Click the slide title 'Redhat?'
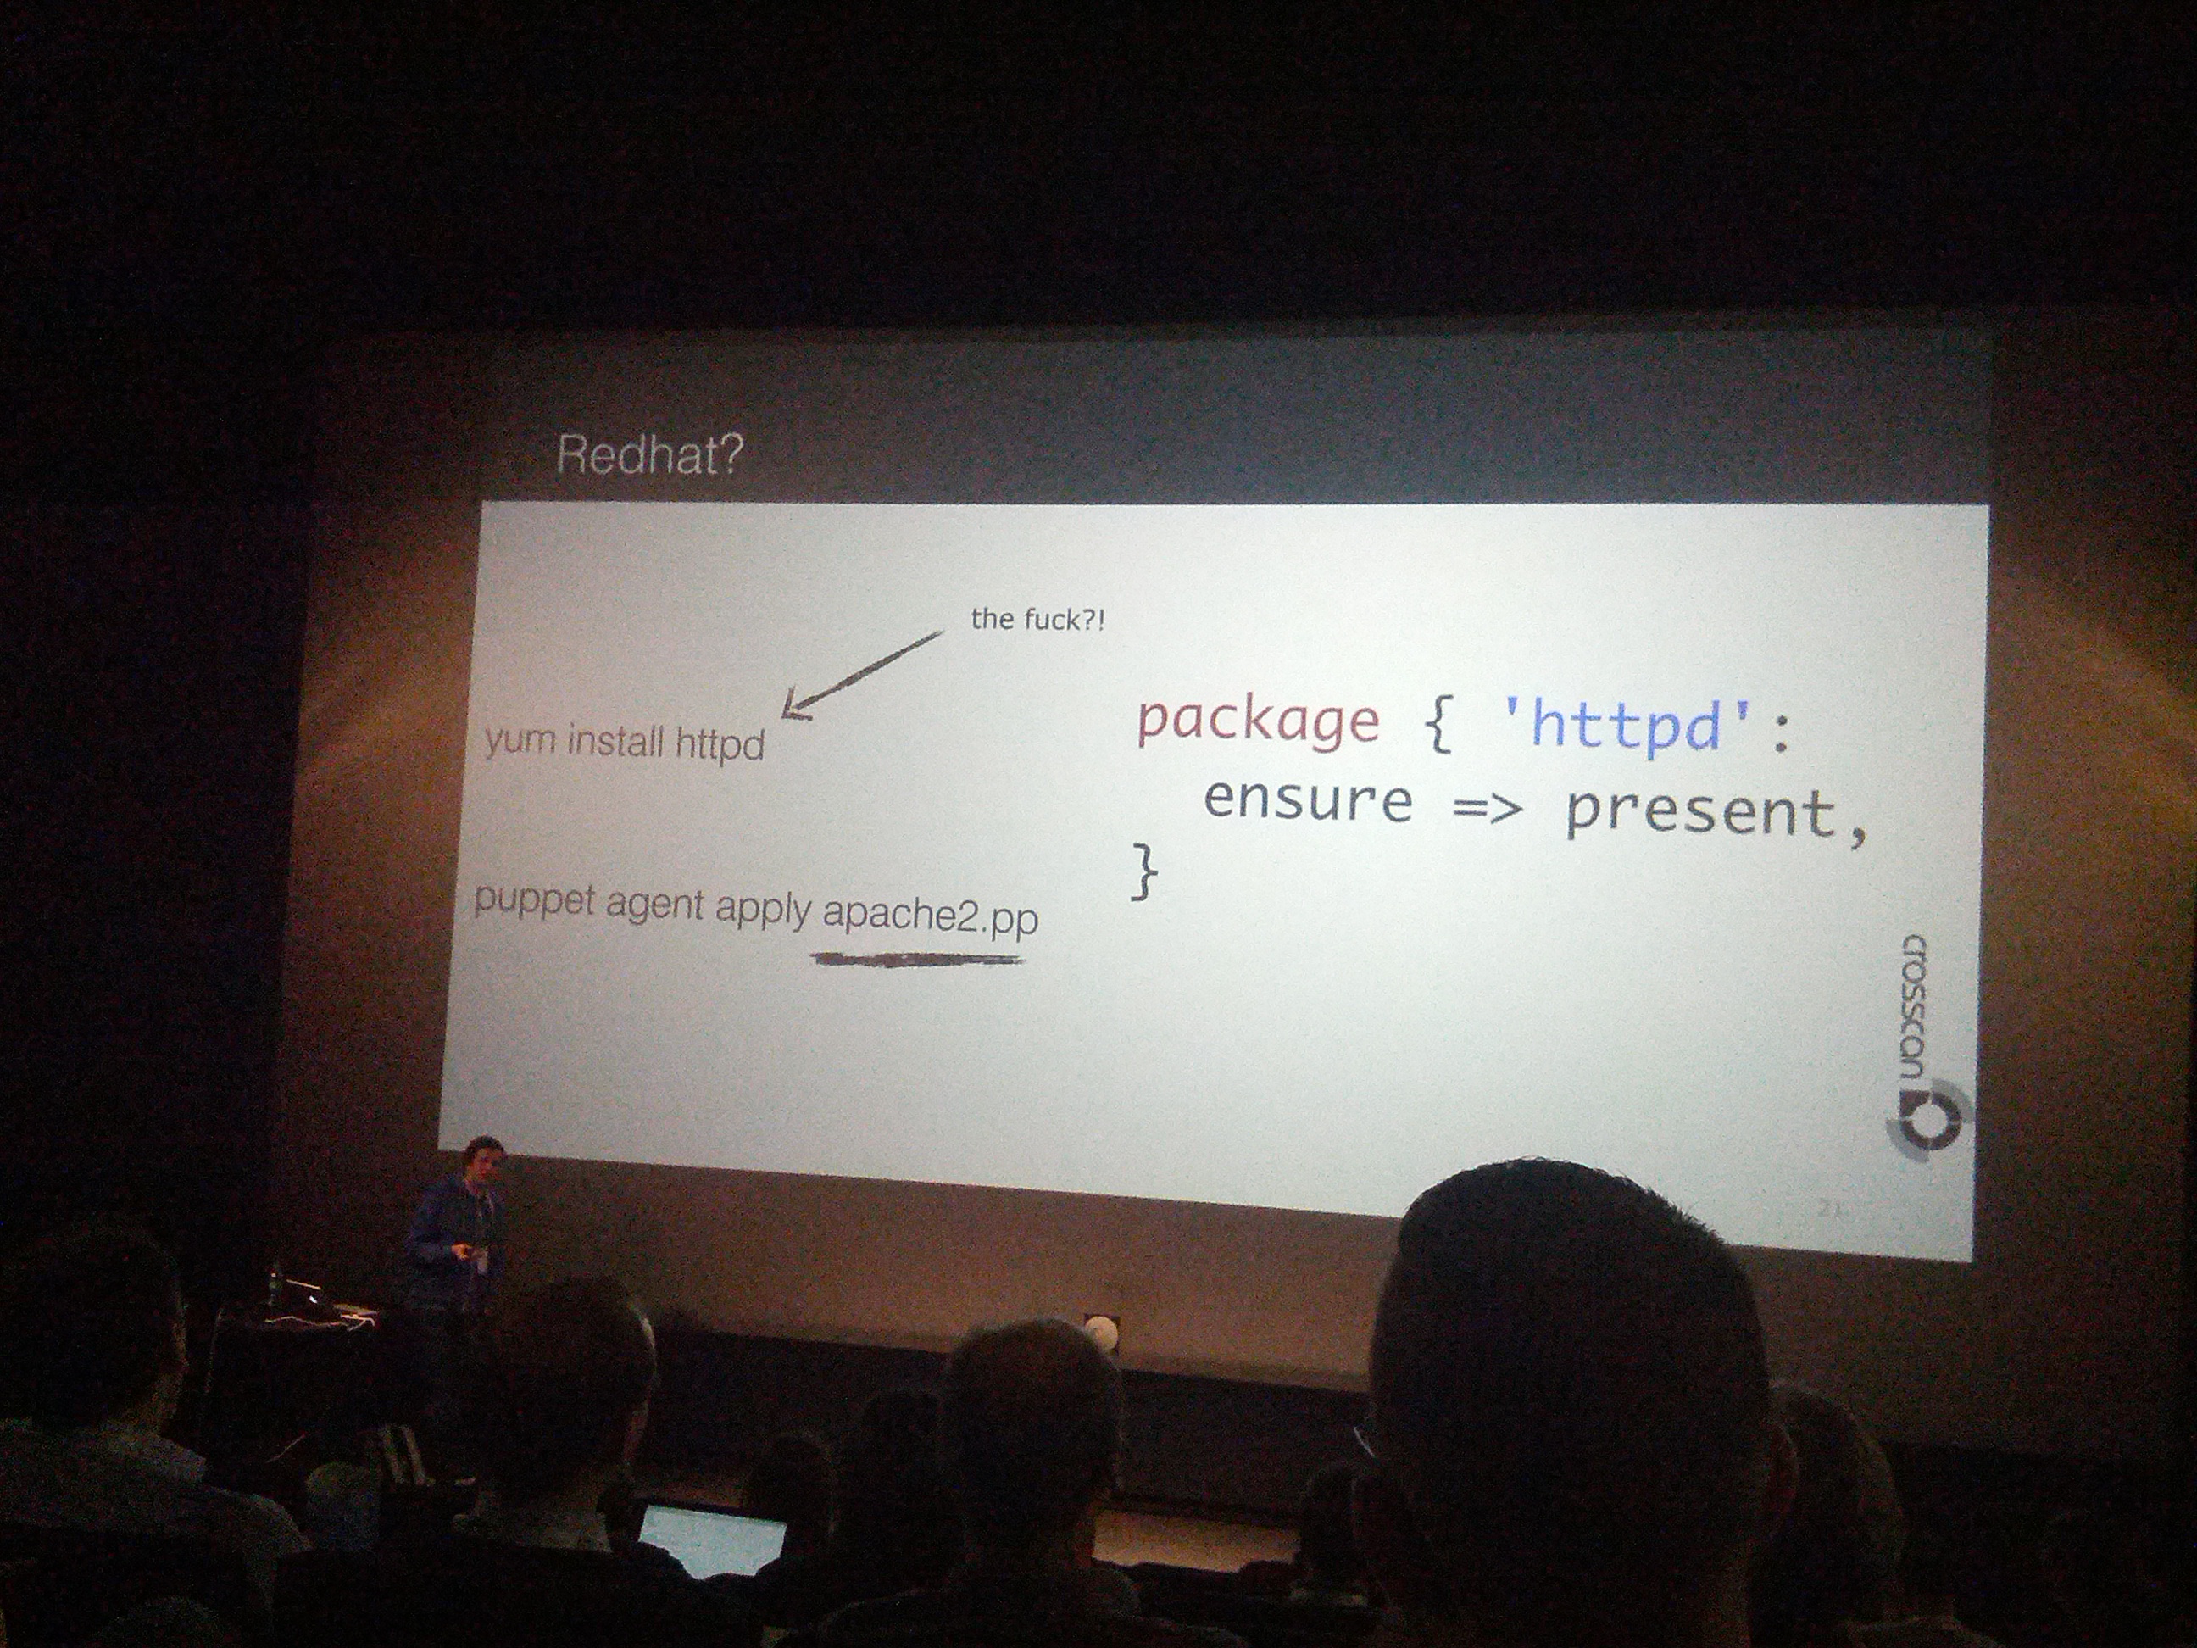649,455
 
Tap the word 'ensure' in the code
1308,800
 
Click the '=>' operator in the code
1487,809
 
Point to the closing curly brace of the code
1144,871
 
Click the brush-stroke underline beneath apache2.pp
918,960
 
